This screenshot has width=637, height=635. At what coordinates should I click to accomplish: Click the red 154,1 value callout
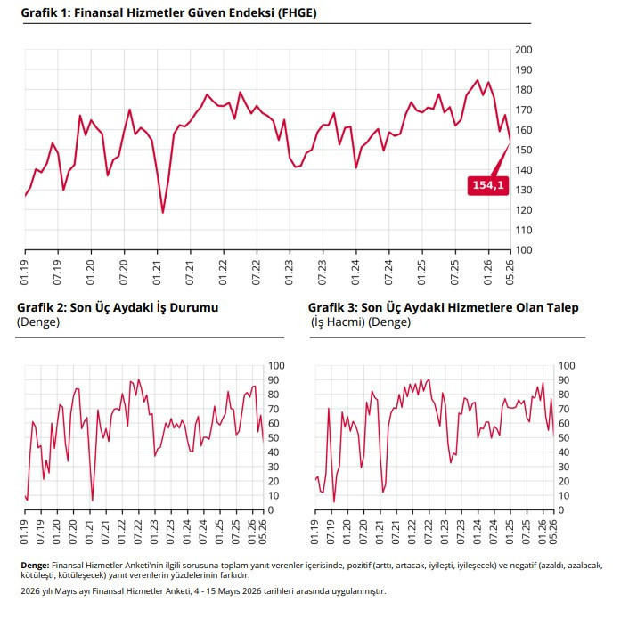tap(488, 185)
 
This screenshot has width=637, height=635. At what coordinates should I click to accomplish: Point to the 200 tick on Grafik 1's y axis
tap(523, 50)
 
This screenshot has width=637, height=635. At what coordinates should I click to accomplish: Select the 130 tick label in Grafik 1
tap(523, 190)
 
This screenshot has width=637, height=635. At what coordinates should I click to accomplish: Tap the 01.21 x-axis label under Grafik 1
tap(157, 273)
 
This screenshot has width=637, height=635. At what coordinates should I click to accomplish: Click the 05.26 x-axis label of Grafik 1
tap(510, 273)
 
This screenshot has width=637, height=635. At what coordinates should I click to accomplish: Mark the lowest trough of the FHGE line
tap(163, 213)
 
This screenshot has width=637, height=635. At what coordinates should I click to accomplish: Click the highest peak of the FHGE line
tap(478, 80)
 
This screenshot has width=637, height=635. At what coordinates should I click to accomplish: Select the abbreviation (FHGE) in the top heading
tap(297, 13)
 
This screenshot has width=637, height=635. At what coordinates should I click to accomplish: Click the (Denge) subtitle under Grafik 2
tap(38, 322)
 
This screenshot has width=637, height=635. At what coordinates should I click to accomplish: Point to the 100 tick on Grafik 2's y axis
tap(276, 366)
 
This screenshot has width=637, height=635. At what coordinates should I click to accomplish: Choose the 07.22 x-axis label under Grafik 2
tap(138, 532)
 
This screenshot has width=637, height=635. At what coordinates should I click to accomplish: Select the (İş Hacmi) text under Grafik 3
tap(338, 322)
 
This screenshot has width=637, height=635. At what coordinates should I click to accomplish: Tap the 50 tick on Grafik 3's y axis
tap(563, 438)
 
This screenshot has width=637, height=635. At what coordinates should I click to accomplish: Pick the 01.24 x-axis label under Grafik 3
tap(478, 532)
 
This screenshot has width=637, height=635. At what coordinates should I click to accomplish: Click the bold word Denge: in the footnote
tap(35, 566)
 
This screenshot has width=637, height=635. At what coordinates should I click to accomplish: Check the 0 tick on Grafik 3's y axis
tap(561, 510)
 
